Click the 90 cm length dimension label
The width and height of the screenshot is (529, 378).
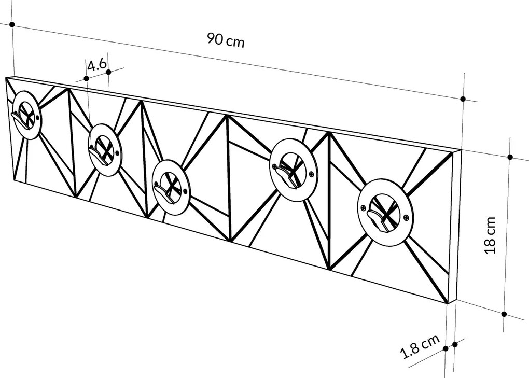225,39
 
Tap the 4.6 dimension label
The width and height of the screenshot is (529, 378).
97,65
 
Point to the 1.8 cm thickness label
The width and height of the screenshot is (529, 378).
421,347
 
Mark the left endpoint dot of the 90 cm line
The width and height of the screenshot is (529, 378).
11,24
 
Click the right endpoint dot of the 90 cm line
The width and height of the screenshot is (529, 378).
463,99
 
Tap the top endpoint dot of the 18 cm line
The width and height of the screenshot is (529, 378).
510,157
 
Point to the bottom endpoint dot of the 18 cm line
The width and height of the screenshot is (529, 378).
504,314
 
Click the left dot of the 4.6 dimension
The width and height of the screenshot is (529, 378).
86,78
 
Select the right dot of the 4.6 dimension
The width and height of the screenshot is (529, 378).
108,72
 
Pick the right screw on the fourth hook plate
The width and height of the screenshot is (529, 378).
311,174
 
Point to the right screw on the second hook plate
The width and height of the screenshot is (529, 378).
119,153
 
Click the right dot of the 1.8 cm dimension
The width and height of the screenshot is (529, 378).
455,344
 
